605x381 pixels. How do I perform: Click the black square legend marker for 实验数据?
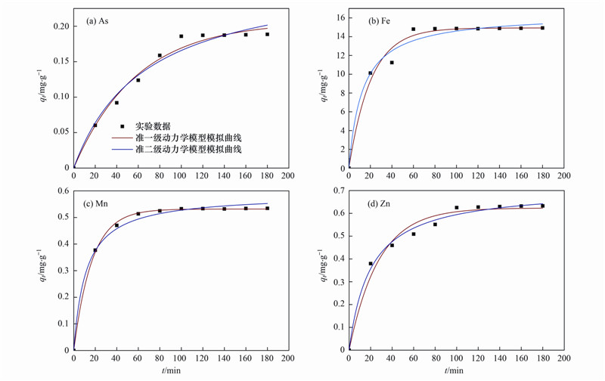pos(122,126)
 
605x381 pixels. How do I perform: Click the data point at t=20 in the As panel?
pos(95,125)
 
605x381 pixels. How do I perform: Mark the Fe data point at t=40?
pos(392,63)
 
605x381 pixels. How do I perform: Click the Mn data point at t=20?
pos(95,250)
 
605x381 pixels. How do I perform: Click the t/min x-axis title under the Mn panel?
pos(172,371)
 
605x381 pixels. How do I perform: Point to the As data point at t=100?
pos(181,36)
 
